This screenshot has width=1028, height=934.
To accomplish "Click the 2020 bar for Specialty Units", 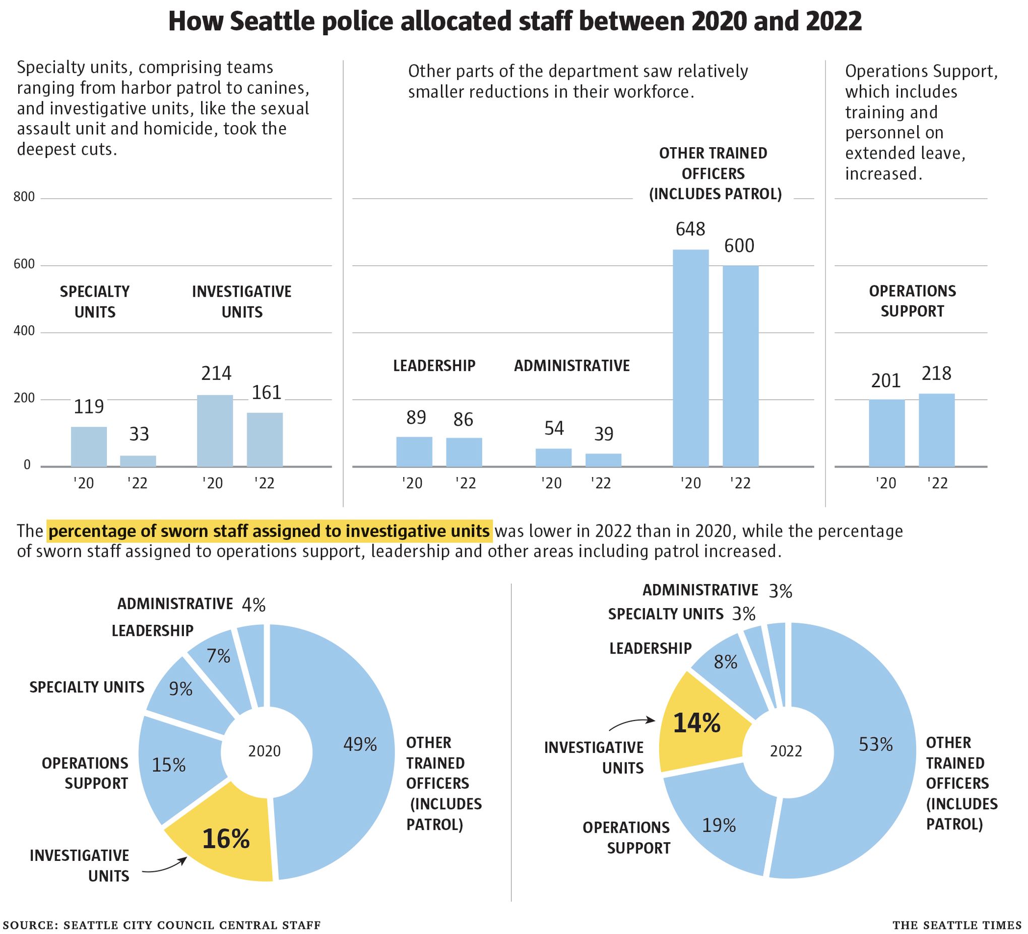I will tap(89, 447).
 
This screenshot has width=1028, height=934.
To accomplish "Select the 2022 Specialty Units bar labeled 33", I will tap(138, 461).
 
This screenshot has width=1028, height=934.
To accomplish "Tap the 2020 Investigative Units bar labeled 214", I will tap(215, 431).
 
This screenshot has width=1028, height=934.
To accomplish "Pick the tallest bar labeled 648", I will tap(690, 358).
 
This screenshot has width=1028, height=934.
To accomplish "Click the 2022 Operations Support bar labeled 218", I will tap(936, 430).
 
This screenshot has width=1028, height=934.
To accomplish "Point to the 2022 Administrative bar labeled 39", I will tap(603, 460).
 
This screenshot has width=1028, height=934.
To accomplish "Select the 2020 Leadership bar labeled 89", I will tap(414, 452).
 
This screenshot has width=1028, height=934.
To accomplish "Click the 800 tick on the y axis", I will tap(24, 198).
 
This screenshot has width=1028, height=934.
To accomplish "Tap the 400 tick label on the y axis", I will tap(24, 332).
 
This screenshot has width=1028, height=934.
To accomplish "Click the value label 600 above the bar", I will tap(739, 246).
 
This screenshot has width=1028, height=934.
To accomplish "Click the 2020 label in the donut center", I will tap(265, 751).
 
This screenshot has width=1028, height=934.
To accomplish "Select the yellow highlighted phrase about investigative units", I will tap(269, 532).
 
